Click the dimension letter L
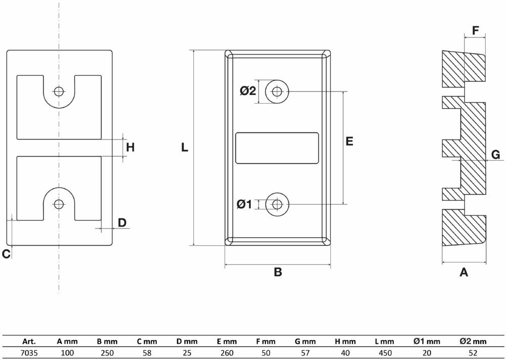point(185,148)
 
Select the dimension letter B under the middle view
point(277,273)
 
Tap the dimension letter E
point(349,142)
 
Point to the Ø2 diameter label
point(248,91)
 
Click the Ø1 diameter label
point(244,204)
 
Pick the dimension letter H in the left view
point(130,148)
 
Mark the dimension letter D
point(122,222)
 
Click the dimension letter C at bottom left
point(6,254)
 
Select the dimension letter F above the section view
point(475,30)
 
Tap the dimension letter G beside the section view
point(496,155)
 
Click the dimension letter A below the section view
point(463,273)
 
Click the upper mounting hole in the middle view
point(277,92)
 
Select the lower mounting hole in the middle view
point(277,204)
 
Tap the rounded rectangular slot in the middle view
point(277,148)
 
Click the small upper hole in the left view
point(59,92)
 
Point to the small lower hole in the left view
point(59,204)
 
